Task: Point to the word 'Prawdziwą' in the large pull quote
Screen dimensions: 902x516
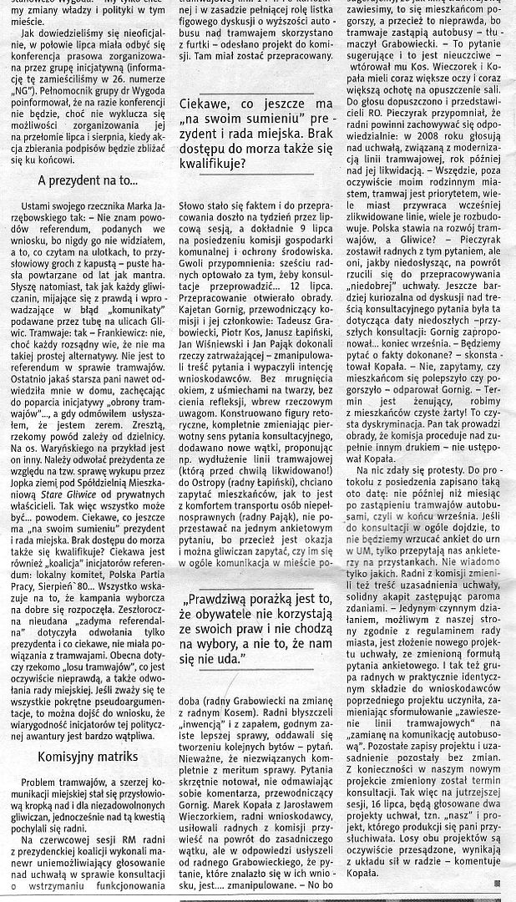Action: [231, 600]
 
